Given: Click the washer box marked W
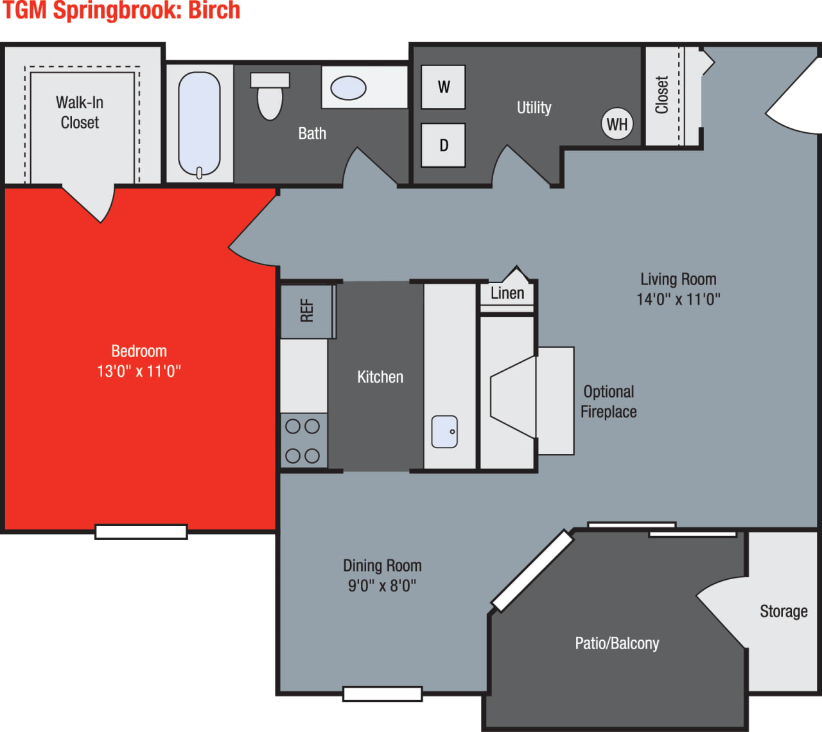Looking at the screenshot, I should (x=443, y=87).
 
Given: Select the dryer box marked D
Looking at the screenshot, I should (x=443, y=145).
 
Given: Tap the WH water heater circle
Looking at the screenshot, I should (x=617, y=124).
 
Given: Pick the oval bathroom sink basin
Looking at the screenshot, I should (x=348, y=88).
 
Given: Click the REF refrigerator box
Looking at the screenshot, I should (x=307, y=311).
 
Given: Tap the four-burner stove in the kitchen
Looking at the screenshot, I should (x=303, y=440).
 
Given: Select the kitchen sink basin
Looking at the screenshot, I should (x=444, y=431).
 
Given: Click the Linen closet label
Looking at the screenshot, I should (x=507, y=293).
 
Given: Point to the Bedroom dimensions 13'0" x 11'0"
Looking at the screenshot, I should (x=139, y=371).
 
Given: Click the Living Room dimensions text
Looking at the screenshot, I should (x=678, y=299).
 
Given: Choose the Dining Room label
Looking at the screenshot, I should (x=382, y=566).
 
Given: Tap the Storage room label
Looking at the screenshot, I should (x=783, y=611).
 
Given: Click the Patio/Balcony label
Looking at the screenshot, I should (x=616, y=643).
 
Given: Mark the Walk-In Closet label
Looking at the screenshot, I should (x=80, y=112).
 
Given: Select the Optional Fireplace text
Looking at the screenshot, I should (x=609, y=402).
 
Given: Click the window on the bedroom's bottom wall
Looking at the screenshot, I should (x=141, y=532).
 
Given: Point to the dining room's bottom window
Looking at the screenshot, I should (x=382, y=693).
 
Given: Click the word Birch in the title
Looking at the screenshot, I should (x=214, y=11).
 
